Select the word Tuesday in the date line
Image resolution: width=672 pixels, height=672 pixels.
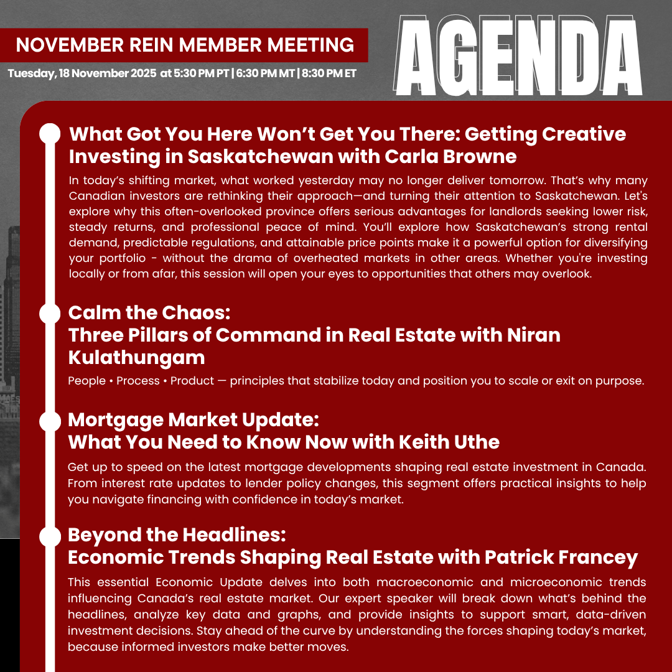pyautogui.click(x=30, y=73)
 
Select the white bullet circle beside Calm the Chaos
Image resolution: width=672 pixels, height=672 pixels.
pyautogui.click(x=49, y=313)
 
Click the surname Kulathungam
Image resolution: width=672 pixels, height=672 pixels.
pyautogui.click(x=136, y=357)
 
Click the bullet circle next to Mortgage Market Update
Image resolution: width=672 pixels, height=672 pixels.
pyautogui.click(x=49, y=421)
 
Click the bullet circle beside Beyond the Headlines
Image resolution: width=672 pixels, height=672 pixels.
pyautogui.click(x=49, y=536)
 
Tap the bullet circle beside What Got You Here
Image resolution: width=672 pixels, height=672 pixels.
pyautogui.click(x=49, y=134)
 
